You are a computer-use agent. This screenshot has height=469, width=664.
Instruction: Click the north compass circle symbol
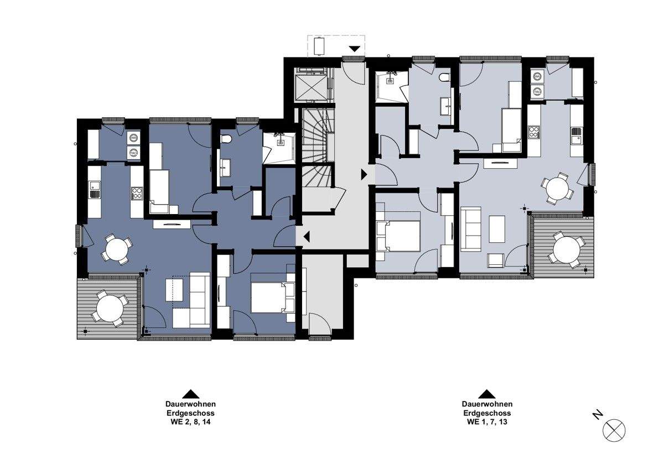click(x=614, y=430)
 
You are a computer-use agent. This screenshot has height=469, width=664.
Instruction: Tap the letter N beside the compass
click(x=598, y=414)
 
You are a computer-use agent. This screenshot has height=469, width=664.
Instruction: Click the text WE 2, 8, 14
click(x=190, y=421)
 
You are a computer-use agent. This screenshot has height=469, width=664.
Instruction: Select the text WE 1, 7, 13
click(x=487, y=421)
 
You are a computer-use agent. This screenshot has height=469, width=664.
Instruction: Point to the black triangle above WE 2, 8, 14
click(x=190, y=394)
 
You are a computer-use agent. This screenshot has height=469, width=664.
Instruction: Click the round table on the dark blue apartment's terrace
click(x=110, y=309)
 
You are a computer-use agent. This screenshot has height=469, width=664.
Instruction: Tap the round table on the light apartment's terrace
click(x=567, y=250)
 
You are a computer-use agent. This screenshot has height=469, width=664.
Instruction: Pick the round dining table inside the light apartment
click(x=558, y=189)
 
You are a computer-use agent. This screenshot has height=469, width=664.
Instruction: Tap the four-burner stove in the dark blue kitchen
click(x=137, y=194)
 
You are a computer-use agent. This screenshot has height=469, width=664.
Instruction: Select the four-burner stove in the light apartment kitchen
click(x=534, y=132)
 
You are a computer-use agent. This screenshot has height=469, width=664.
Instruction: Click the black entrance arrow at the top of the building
click(x=354, y=49)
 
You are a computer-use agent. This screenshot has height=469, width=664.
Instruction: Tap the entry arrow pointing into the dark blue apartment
click(x=306, y=236)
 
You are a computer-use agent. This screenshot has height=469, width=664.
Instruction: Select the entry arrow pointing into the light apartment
click(x=364, y=175)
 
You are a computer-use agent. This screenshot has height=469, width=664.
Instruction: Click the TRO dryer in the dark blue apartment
click(x=134, y=153)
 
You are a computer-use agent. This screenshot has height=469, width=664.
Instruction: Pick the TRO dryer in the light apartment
click(x=537, y=92)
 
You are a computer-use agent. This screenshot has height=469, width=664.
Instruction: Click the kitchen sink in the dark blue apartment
click(x=95, y=189)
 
